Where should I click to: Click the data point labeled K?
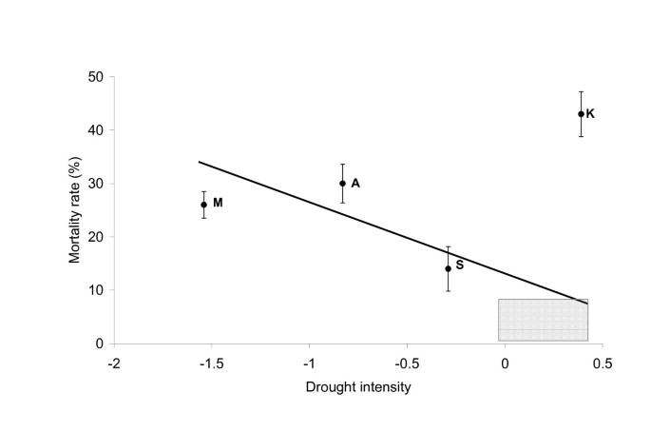pyautogui.click(x=581, y=114)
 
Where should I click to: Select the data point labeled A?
pyautogui.click(x=342, y=184)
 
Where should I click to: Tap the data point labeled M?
pyautogui.click(x=203, y=205)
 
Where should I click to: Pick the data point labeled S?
pyautogui.click(x=448, y=268)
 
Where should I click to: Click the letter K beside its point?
pyautogui.click(x=590, y=114)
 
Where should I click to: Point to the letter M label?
pyautogui.click(x=218, y=203)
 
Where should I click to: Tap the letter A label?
pyautogui.click(x=354, y=184)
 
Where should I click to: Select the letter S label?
pyautogui.click(x=459, y=265)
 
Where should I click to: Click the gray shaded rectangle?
pyautogui.click(x=543, y=320)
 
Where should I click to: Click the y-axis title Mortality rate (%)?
pyautogui.click(x=75, y=210)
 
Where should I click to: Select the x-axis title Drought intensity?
pyautogui.click(x=357, y=387)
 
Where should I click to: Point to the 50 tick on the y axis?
pyautogui.click(x=95, y=77)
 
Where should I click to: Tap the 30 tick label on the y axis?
pyautogui.click(x=95, y=184)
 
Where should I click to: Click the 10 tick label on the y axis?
pyautogui.click(x=95, y=290)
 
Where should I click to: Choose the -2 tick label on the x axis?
pyautogui.click(x=113, y=363)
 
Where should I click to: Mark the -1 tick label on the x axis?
pyautogui.click(x=308, y=363)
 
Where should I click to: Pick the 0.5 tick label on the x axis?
pyautogui.click(x=603, y=363)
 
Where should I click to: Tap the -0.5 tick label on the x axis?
pyautogui.click(x=406, y=363)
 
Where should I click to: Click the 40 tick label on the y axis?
pyautogui.click(x=95, y=130)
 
